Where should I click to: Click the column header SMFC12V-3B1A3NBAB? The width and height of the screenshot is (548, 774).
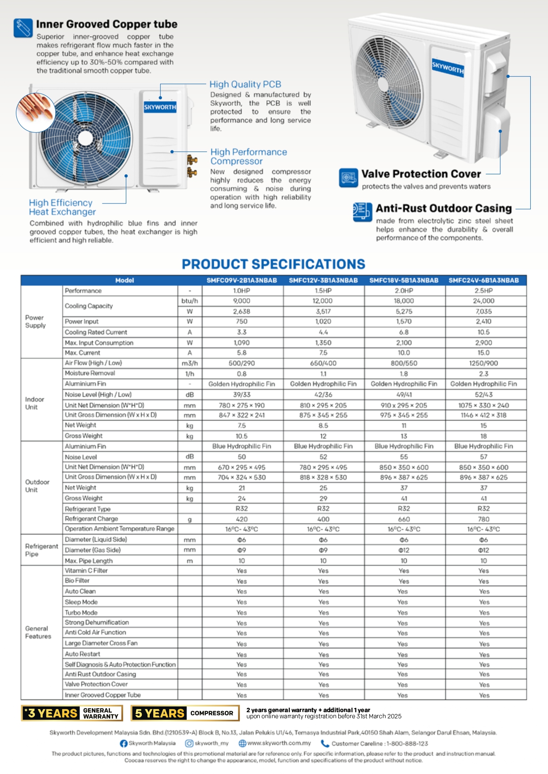pyautogui.click(x=323, y=280)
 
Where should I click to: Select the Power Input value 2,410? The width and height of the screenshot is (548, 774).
pyautogui.click(x=484, y=322)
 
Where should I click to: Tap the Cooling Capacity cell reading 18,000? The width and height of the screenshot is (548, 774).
pyautogui.click(x=404, y=301)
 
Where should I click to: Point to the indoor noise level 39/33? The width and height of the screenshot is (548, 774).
pyautogui.click(x=242, y=395)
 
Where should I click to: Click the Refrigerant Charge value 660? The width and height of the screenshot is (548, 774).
pyautogui.click(x=404, y=519)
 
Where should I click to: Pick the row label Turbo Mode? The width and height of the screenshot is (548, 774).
pyautogui.click(x=81, y=612)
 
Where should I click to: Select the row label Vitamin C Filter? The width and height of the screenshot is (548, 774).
pyautogui.click(x=86, y=571)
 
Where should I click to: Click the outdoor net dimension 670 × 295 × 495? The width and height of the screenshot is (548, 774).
pyautogui.click(x=242, y=467)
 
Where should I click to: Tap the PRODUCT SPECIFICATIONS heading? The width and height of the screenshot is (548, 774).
pyautogui.click(x=273, y=264)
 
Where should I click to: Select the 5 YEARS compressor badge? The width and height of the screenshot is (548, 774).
pyautogui.click(x=185, y=713)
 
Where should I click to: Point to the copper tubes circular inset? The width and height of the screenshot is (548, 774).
pyautogui.click(x=35, y=113)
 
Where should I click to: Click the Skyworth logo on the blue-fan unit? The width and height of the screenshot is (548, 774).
pyautogui.click(x=160, y=107)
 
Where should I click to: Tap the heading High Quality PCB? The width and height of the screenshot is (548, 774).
pyautogui.click(x=245, y=84)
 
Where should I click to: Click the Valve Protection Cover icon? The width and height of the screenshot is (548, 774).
pyautogui.click(x=348, y=177)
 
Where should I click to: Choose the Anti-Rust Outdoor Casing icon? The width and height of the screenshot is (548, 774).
pyautogui.click(x=362, y=212)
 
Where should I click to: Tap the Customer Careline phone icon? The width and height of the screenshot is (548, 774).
pyautogui.click(x=325, y=744)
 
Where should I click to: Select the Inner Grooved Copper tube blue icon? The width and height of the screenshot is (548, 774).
pyautogui.click(x=23, y=28)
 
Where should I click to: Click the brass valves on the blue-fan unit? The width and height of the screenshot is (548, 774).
pyautogui.click(x=192, y=165)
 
